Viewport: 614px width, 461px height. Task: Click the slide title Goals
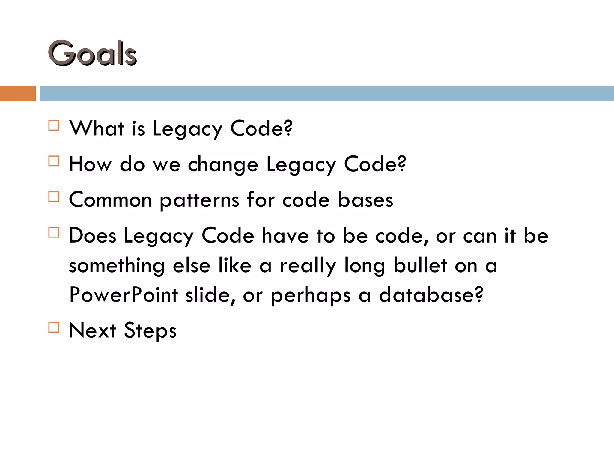coord(92,53)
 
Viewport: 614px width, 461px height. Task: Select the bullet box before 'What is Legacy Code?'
coord(54,125)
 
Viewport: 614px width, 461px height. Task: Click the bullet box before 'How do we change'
coord(54,161)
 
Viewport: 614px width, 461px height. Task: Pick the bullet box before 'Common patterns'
coord(54,197)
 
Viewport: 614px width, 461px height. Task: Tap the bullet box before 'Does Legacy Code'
coord(54,232)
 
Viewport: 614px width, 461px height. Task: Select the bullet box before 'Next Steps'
coord(54,327)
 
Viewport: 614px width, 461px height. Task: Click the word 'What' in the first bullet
coord(97,128)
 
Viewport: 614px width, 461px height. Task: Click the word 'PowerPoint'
coord(124,295)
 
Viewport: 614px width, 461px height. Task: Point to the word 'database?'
coord(431,295)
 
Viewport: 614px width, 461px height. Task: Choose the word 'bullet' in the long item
coord(420,265)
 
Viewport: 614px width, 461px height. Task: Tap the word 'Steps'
coord(150,331)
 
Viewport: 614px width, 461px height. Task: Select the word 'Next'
coord(92,330)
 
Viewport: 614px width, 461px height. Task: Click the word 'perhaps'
coord(311,296)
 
